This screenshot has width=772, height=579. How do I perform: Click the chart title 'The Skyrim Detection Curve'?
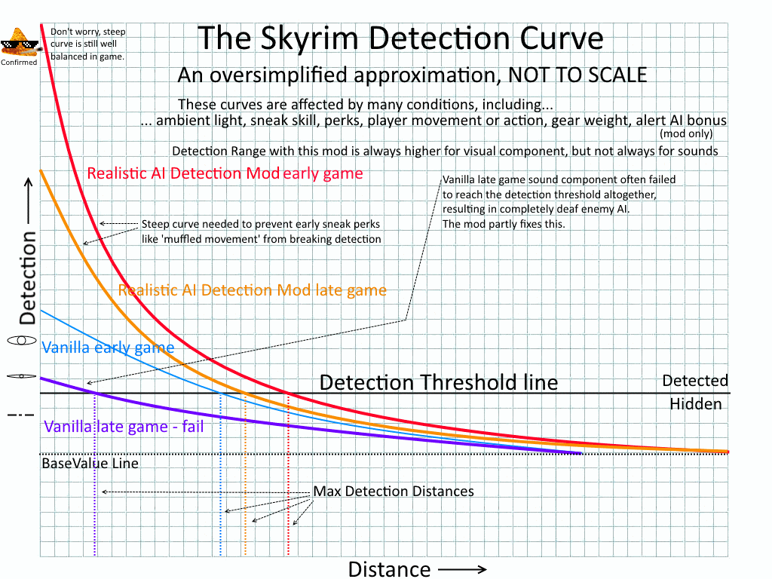tap(400, 38)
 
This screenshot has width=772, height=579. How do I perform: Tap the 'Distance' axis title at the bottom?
tap(389, 568)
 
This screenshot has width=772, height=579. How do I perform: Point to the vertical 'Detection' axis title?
tap(28, 277)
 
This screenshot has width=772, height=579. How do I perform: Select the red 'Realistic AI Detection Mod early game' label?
tap(225, 173)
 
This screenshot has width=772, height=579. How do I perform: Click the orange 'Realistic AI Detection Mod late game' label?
tap(253, 290)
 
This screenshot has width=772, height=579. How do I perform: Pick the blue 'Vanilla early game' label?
tap(108, 348)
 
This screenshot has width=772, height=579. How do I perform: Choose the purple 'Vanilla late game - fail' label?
tap(124, 427)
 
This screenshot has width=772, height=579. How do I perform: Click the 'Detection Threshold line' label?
tap(439, 382)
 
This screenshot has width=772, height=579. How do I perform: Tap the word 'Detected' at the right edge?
tap(695, 381)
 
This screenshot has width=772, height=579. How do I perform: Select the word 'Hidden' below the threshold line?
tap(695, 404)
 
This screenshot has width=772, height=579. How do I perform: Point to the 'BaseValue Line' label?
tap(90, 464)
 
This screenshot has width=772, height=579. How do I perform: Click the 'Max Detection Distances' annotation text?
tap(394, 492)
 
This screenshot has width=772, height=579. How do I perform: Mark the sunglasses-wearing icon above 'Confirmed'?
tap(18, 43)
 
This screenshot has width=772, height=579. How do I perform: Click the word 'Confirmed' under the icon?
tap(18, 63)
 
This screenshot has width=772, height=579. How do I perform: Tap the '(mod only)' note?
tap(685, 134)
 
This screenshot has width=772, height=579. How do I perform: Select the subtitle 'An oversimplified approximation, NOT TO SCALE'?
tap(412, 75)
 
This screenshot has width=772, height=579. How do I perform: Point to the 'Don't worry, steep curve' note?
tap(87, 44)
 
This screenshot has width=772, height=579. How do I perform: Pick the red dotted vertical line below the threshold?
tap(289, 482)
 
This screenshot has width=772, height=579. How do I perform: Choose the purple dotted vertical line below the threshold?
tap(95, 482)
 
